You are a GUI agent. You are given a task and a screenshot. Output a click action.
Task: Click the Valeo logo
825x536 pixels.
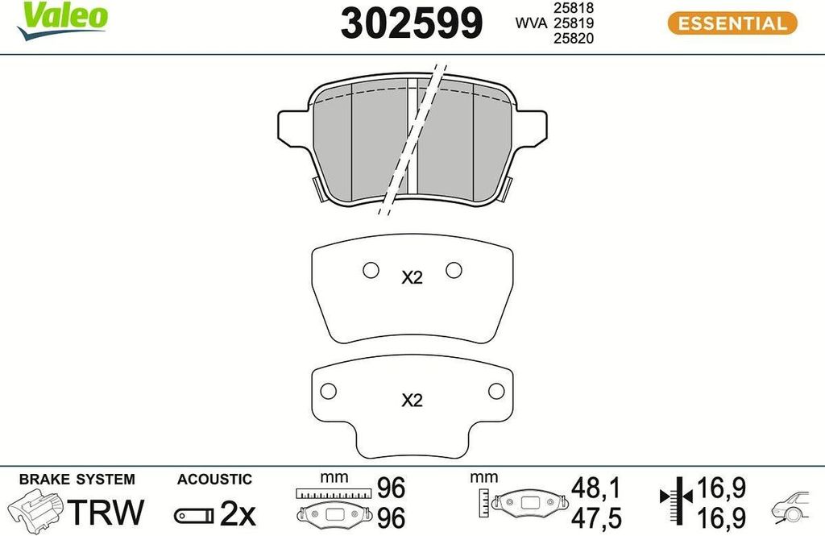click(x=62, y=20)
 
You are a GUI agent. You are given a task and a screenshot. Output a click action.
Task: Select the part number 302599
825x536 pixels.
click(x=412, y=23)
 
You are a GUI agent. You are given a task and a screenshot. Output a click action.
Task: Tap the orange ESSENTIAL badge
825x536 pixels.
click(x=732, y=23)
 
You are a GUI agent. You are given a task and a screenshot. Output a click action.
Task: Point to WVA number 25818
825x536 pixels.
click(x=573, y=8)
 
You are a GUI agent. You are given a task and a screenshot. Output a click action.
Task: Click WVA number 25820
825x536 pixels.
click(x=573, y=38)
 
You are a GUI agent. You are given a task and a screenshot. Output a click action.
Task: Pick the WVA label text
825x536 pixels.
click(x=531, y=23)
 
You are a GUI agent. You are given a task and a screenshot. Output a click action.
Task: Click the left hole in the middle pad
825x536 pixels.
click(x=371, y=270)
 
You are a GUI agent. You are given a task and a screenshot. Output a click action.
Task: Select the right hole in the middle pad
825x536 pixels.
click(x=454, y=270)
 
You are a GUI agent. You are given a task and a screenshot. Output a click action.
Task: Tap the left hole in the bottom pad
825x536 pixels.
click(x=329, y=391)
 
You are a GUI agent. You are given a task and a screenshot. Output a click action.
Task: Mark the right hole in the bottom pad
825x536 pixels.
click(x=496, y=391)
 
